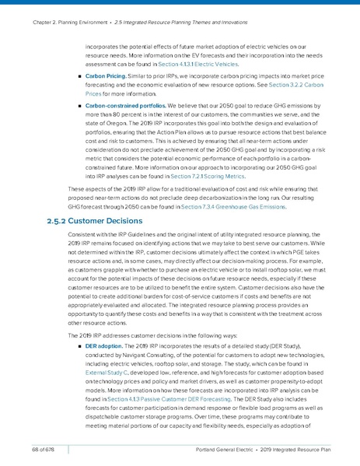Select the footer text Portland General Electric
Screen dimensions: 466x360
tap(225, 449)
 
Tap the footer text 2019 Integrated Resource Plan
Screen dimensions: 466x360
tap(302, 449)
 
